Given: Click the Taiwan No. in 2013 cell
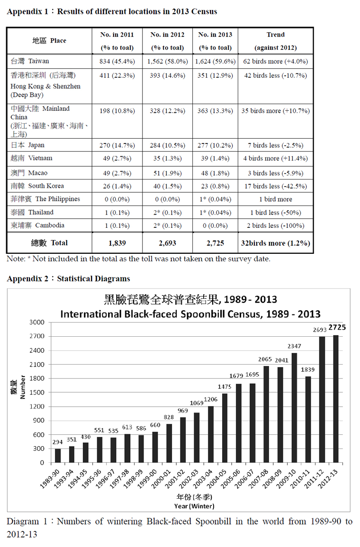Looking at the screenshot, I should click(x=215, y=61).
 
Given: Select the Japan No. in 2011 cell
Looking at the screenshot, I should click(x=117, y=145).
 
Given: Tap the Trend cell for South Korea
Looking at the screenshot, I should click(x=275, y=186).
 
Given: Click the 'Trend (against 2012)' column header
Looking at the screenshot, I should click(x=275, y=41).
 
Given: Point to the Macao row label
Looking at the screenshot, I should click(x=29, y=173).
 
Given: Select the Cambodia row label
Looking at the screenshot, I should click(x=38, y=225).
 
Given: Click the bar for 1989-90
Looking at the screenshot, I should click(x=58, y=456).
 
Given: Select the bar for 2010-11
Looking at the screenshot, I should click(x=308, y=420).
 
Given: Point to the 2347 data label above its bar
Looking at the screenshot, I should click(x=294, y=346).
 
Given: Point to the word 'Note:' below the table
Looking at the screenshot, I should click(x=16, y=259).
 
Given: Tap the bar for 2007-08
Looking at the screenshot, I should click(x=266, y=414).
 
